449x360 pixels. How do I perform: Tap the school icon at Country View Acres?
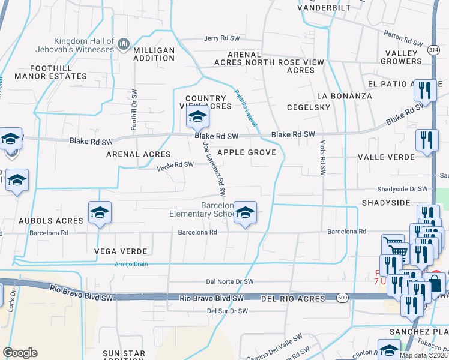196,118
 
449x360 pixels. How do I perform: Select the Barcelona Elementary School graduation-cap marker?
244,212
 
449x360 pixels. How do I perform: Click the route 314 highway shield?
433,52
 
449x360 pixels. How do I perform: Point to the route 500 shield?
342,298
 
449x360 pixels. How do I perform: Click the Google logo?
20,353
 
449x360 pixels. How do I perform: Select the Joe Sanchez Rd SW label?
214,170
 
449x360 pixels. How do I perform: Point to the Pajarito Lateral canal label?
247,108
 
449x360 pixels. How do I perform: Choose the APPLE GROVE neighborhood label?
247,152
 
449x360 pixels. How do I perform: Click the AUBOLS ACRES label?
50,221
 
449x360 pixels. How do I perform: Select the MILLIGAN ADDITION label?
154,54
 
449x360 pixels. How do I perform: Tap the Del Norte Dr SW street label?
230,281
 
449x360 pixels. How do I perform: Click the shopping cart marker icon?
393,244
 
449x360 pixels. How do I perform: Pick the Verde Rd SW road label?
175,164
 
